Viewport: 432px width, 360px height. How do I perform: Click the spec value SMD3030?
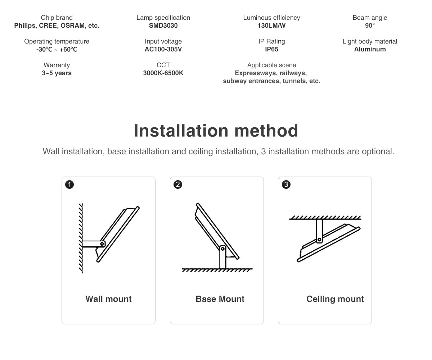click(x=163, y=26)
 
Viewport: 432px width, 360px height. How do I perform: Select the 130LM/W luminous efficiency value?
click(x=271, y=26)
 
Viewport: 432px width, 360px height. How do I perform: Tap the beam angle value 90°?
click(x=370, y=26)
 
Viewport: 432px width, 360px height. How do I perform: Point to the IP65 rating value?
click(x=271, y=49)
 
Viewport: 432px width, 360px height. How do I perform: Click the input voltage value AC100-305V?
click(x=163, y=49)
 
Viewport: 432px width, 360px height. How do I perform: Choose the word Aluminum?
click(x=370, y=49)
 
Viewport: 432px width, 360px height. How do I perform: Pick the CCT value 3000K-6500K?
click(x=163, y=73)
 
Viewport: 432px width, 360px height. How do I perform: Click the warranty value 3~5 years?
click(x=57, y=73)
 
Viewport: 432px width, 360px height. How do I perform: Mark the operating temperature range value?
click(x=57, y=49)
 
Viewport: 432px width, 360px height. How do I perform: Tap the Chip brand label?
click(x=57, y=18)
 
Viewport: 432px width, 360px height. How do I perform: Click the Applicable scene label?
click(x=271, y=65)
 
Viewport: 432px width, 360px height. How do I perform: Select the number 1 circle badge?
click(x=69, y=185)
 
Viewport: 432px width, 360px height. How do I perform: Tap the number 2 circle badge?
click(x=178, y=185)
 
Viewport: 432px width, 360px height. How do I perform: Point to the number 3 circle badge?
click(x=286, y=185)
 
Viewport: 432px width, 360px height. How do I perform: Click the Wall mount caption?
click(x=108, y=299)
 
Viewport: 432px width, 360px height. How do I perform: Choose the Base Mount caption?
click(x=220, y=299)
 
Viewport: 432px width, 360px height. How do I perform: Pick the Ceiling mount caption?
click(x=335, y=299)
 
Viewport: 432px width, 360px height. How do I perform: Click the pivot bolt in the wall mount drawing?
click(x=102, y=244)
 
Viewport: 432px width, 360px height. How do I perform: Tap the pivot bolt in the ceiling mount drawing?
click(x=319, y=240)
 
